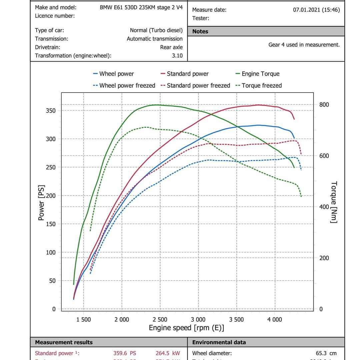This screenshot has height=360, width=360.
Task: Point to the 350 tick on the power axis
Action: click(x=51, y=111)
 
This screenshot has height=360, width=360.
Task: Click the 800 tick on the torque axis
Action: click(x=324, y=105)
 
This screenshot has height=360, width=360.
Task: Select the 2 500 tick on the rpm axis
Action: click(x=160, y=320)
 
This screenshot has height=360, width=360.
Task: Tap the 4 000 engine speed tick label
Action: click(x=274, y=320)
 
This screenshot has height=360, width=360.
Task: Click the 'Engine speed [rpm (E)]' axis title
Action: click(x=186, y=328)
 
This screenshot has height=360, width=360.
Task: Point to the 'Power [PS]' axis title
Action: click(x=41, y=202)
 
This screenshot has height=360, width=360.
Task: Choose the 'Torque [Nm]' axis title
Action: click(x=334, y=202)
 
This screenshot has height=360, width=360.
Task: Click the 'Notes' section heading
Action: click(x=200, y=31)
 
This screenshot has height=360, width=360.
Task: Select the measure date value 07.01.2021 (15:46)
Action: click(x=316, y=10)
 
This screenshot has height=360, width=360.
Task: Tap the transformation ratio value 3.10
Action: click(x=177, y=56)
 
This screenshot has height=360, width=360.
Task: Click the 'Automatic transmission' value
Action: click(x=155, y=39)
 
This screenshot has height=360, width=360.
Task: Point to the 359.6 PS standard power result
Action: click(x=124, y=353)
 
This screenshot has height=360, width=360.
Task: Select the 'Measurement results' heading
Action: click(x=64, y=342)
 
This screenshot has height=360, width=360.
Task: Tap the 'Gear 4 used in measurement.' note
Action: click(x=304, y=45)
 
